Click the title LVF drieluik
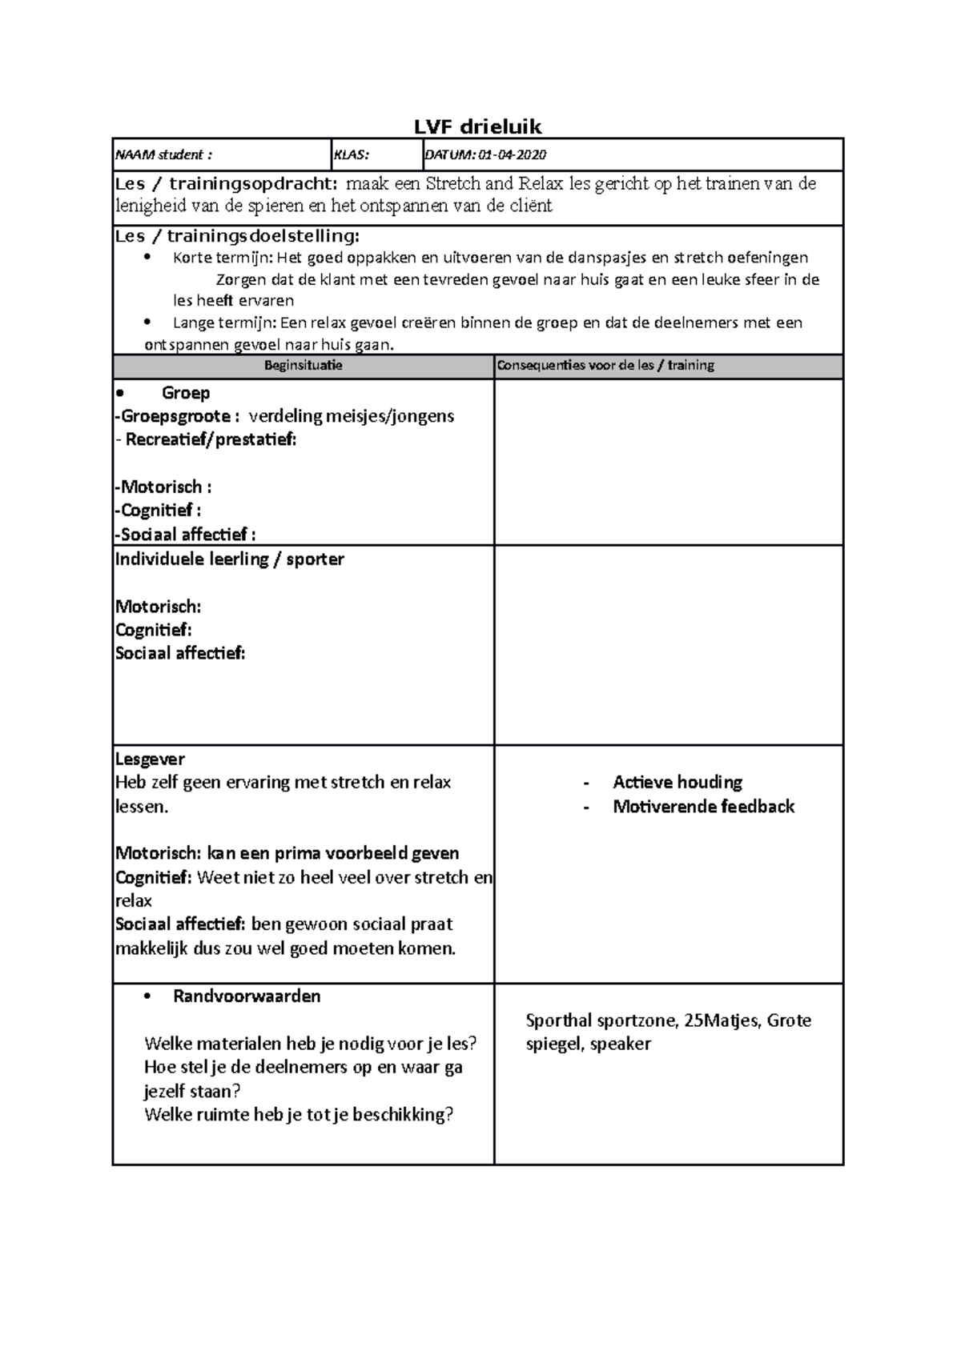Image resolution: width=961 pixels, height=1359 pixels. (x=477, y=126)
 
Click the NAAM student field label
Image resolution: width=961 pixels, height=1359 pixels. (x=163, y=155)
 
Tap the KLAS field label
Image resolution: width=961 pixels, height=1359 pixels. (x=351, y=155)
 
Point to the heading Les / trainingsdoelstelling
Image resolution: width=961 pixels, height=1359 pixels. (x=237, y=236)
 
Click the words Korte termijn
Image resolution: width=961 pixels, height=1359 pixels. (x=223, y=258)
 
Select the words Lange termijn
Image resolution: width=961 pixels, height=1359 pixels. (x=224, y=323)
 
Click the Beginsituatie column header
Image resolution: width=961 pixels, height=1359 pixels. (x=303, y=366)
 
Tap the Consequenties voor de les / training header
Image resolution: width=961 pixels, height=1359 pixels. (x=605, y=366)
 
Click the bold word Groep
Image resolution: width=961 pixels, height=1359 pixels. (x=186, y=393)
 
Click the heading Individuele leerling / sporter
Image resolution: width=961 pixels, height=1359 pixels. (x=230, y=559)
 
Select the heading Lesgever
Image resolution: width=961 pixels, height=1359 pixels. (x=150, y=759)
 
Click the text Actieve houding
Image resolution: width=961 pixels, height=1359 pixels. (x=678, y=782)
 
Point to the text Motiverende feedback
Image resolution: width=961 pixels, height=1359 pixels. (x=703, y=807)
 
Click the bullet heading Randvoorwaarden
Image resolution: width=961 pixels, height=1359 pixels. (x=247, y=996)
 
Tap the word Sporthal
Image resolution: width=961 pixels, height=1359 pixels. (x=558, y=1020)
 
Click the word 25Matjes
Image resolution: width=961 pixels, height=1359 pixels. (x=723, y=1020)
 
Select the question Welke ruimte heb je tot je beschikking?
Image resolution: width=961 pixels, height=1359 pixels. (x=299, y=1114)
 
